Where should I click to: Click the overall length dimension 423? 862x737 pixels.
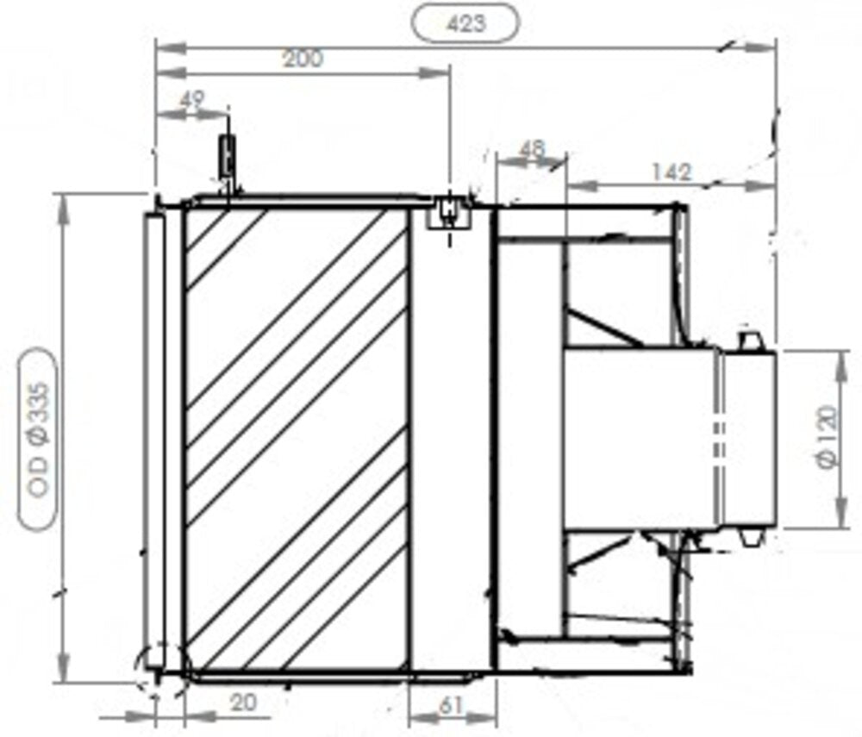(x=466, y=23)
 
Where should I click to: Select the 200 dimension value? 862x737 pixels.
(x=303, y=59)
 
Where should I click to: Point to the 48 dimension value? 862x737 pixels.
(x=532, y=149)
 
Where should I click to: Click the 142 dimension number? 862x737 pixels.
(x=671, y=172)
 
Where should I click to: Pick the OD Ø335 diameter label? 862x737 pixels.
(x=40, y=440)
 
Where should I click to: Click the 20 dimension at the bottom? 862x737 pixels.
(x=244, y=703)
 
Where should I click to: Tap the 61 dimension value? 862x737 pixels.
(x=452, y=706)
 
